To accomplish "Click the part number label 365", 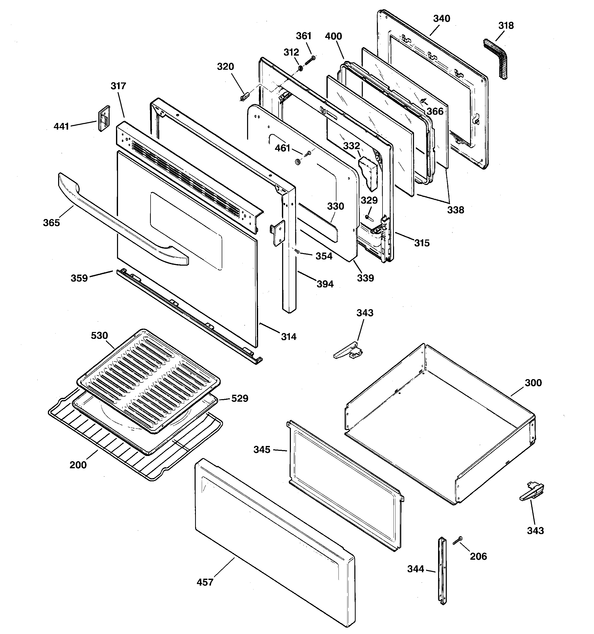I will tap(51, 223).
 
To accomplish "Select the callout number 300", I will tap(533, 383).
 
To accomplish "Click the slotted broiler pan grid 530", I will tap(148, 380).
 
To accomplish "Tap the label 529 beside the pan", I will tap(239, 398).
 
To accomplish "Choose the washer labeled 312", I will tap(300, 68).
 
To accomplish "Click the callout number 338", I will tap(455, 210).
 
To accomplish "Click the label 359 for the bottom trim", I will tap(79, 278).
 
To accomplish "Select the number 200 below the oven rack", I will tap(78, 465).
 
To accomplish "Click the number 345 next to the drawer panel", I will tap(262, 450).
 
